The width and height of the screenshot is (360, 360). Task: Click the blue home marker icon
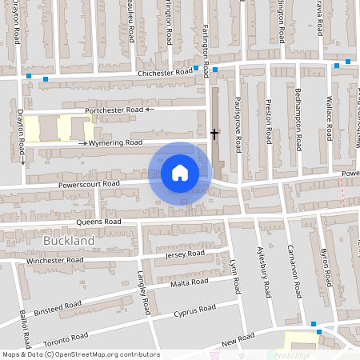coord(180,172)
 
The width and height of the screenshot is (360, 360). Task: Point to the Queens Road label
coord(98,221)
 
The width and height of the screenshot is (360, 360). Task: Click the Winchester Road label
coord(54,260)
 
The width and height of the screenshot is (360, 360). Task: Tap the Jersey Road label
coord(184,254)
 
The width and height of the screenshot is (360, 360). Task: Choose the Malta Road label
coord(189,282)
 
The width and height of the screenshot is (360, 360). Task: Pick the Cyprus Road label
coord(195,308)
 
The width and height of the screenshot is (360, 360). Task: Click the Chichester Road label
coord(166,72)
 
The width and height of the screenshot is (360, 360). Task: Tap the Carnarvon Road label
coord(296,275)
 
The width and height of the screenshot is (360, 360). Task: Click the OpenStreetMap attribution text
coord(80,354)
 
